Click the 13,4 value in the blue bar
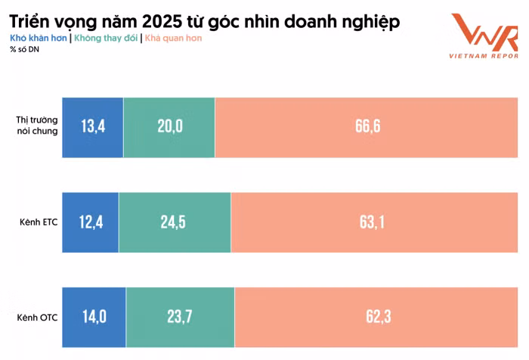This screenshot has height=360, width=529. (x=93, y=126)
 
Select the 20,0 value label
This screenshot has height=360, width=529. (x=170, y=126)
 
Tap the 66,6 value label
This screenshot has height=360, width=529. (x=368, y=126)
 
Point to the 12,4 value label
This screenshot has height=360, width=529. (x=91, y=222)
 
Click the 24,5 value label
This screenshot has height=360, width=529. (x=173, y=222)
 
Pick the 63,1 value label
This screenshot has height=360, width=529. (x=372, y=222)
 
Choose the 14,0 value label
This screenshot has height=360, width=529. (x=94, y=317)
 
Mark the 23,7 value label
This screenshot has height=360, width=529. (x=180, y=317)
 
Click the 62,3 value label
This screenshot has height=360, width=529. (x=379, y=317)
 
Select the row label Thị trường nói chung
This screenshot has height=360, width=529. (x=37, y=126)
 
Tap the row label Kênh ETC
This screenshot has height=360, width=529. (x=39, y=222)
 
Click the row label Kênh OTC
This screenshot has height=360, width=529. (x=38, y=318)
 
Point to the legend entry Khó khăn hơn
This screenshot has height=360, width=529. (x=39, y=38)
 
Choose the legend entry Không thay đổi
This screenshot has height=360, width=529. (x=106, y=38)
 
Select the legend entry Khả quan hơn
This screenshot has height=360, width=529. (x=173, y=38)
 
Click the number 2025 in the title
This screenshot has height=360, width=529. (x=161, y=22)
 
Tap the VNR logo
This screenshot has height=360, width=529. (x=484, y=36)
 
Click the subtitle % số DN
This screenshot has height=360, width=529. (x=24, y=49)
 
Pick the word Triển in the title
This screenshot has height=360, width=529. (x=29, y=22)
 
